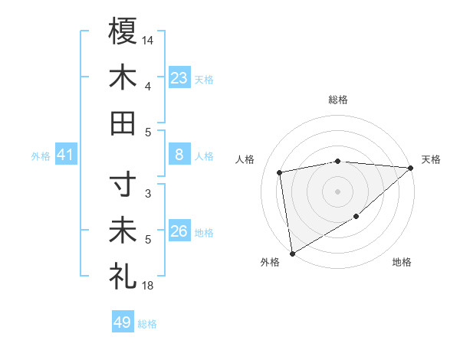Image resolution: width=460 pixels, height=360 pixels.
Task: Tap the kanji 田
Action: coord(123,123)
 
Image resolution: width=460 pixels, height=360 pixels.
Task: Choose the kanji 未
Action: coord(123,231)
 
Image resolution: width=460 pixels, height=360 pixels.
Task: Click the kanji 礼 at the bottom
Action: coord(123,277)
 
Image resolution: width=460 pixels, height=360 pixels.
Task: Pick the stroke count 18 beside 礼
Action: coord(149,286)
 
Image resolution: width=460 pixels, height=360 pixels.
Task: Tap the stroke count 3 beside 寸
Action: coord(148,194)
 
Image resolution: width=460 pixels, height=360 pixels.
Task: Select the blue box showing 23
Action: coord(179,77)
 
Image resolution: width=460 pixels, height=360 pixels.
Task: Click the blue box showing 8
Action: coord(179,155)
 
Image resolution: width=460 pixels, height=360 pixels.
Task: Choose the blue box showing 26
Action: coord(179,231)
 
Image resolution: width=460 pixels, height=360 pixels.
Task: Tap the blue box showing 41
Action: coord(66,155)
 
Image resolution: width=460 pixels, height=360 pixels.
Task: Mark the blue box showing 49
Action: coord(122,322)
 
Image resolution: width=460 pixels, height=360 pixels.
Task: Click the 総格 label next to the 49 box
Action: coord(147,324)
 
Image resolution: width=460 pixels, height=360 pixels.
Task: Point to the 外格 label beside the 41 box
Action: coord(41,156)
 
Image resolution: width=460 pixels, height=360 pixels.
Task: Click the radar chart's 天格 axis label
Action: coord(431,159)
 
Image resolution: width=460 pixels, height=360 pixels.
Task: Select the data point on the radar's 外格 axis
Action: coord(292,253)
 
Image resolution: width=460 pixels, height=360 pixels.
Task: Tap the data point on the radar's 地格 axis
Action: coord(356,218)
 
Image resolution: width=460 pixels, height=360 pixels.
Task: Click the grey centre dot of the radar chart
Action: coord(337,191)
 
